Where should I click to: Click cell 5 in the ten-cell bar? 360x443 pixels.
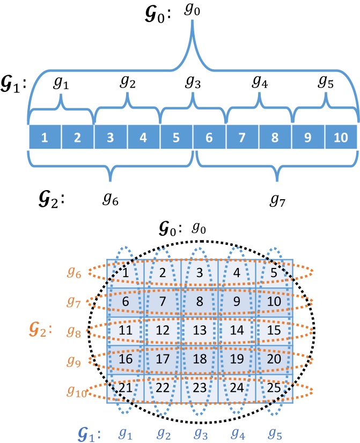177,137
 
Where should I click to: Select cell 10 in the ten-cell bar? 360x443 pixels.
340,137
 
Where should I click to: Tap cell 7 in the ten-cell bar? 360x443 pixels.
242,137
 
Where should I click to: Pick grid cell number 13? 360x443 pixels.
199,328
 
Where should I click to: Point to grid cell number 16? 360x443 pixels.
125,358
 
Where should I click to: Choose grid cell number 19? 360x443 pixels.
237,358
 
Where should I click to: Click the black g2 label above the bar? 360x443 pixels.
127,82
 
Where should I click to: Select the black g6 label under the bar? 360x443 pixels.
110,200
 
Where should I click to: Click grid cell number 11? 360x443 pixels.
125,328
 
